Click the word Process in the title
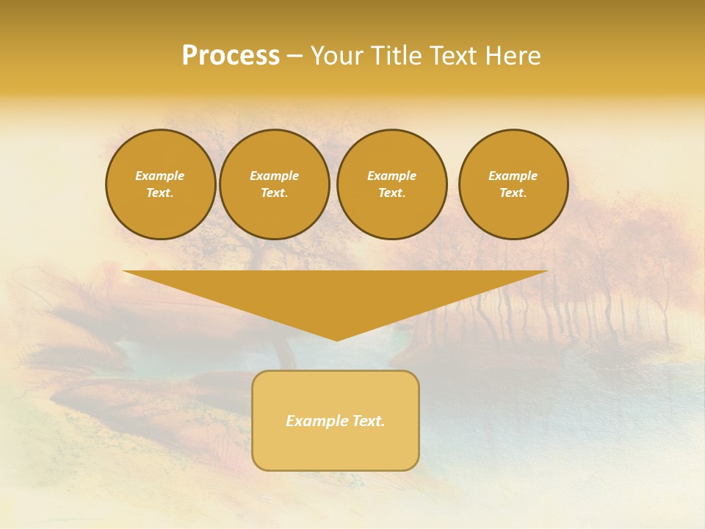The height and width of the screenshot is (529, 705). tap(231, 56)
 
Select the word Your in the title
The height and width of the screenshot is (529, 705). tap(336, 56)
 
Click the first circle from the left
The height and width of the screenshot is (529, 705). tap(160, 184)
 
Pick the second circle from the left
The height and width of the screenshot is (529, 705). tap(274, 184)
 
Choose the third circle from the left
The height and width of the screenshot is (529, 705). tap(391, 184)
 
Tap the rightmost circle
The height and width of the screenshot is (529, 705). tap(513, 184)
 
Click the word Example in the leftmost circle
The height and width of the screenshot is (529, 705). tap(160, 176)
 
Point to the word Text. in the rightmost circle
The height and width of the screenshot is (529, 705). tap(513, 193)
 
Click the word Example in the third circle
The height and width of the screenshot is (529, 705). tap(391, 176)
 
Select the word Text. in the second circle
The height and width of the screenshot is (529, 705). tap(274, 193)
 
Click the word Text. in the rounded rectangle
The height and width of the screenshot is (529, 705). tap(369, 421)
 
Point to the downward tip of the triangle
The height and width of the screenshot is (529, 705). tap(336, 339)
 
